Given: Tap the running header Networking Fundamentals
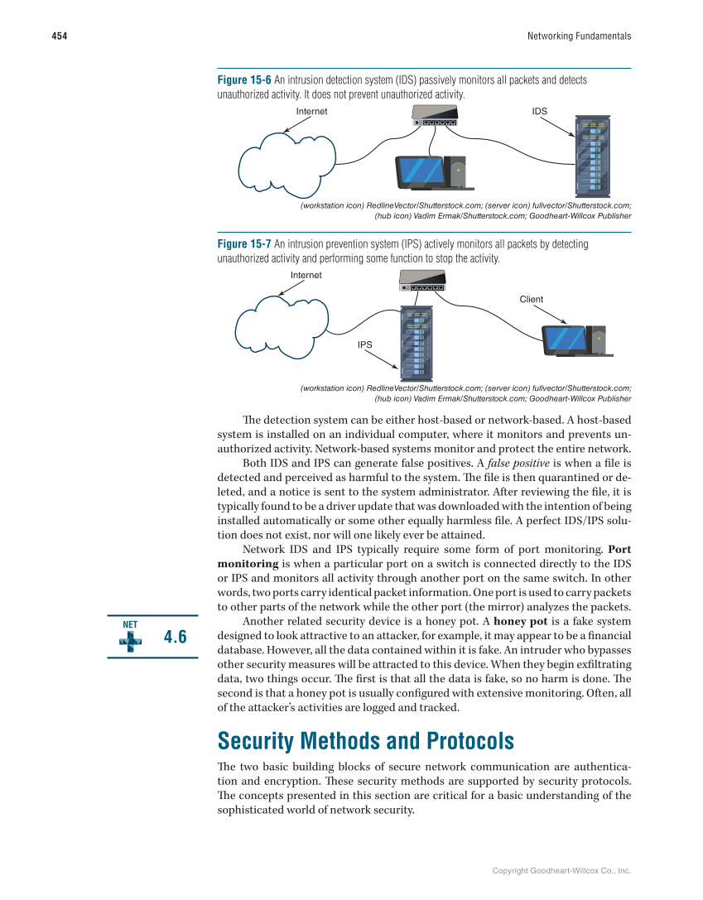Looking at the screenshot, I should click(x=579, y=36).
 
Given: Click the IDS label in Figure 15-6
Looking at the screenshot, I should click(x=539, y=110).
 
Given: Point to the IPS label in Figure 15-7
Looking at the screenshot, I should click(x=364, y=344).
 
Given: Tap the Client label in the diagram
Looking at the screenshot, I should click(x=532, y=299).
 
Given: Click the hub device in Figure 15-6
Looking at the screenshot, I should click(x=435, y=117).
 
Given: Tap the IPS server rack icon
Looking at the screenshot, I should click(x=419, y=341).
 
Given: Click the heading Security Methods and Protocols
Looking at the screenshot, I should click(x=365, y=740).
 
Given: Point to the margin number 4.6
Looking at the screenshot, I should click(x=176, y=637).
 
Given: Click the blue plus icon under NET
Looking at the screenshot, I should click(x=129, y=639).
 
